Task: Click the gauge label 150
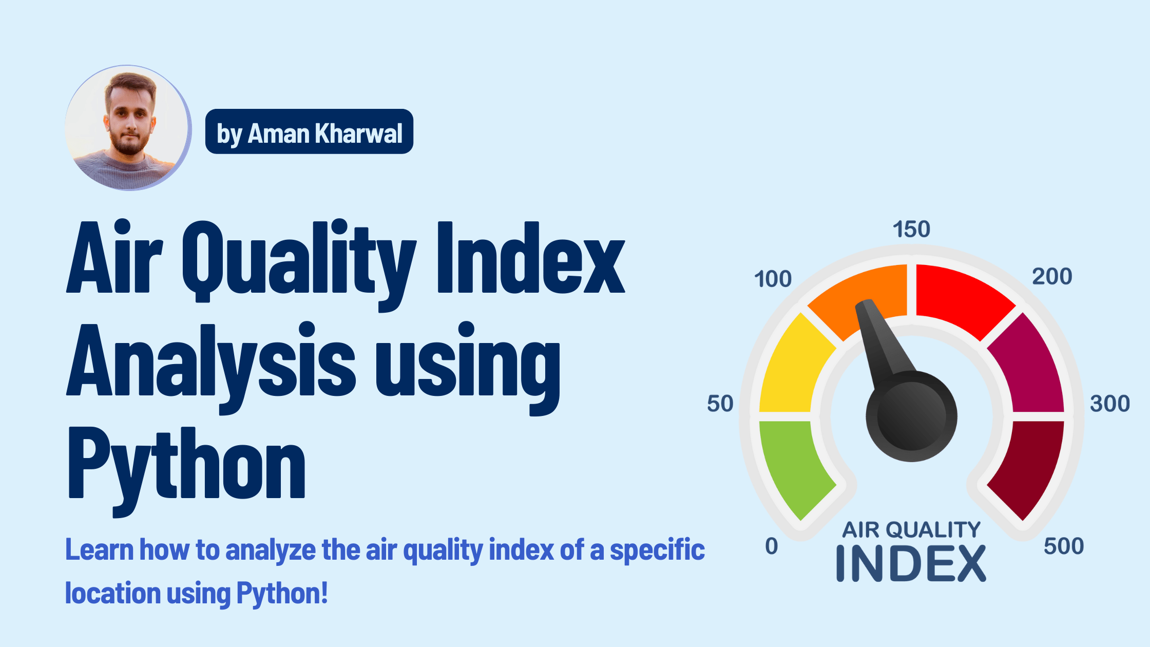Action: (911, 230)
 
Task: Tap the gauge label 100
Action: (773, 279)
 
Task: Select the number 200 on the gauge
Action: (1052, 277)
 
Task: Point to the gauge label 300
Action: (1110, 404)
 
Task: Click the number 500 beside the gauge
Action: (1064, 546)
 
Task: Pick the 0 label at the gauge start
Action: (772, 546)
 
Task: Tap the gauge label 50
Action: (720, 404)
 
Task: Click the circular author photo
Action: (128, 128)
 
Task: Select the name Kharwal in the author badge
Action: (358, 134)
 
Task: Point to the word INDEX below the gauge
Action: (911, 564)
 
